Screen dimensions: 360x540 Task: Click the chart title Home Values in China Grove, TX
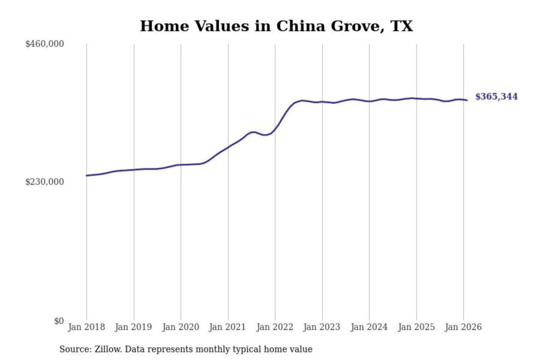point(276,26)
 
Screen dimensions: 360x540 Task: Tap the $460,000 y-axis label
point(44,44)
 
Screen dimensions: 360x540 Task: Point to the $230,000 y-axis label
point(44,182)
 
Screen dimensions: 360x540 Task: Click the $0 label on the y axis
point(59,321)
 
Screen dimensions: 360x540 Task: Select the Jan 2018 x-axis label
point(86,327)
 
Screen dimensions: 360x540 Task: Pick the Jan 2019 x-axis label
point(133,327)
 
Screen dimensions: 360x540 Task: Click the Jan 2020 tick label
point(180,327)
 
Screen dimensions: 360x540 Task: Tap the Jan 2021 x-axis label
point(227,327)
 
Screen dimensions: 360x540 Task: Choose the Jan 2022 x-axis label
point(274,327)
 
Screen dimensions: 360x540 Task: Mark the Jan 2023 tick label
point(321,327)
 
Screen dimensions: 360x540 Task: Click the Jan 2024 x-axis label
point(369,327)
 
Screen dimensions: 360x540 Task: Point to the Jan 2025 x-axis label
point(416,327)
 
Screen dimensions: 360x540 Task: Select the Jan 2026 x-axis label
point(463,327)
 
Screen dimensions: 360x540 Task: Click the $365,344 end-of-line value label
point(496,97)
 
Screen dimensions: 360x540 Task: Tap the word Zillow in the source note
point(108,349)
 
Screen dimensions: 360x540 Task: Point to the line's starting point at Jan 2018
point(87,175)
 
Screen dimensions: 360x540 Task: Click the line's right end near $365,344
point(467,100)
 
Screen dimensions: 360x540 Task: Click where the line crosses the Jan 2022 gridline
point(275,129)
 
